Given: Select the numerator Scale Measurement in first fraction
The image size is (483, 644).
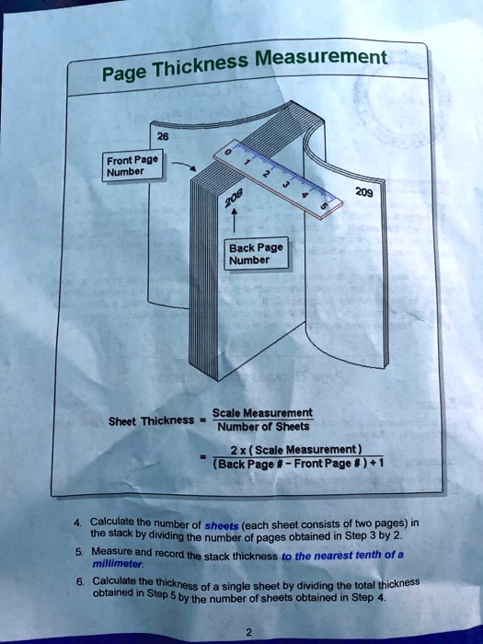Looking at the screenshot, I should point(263,413).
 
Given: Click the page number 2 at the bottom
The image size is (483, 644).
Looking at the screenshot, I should point(247,632).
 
